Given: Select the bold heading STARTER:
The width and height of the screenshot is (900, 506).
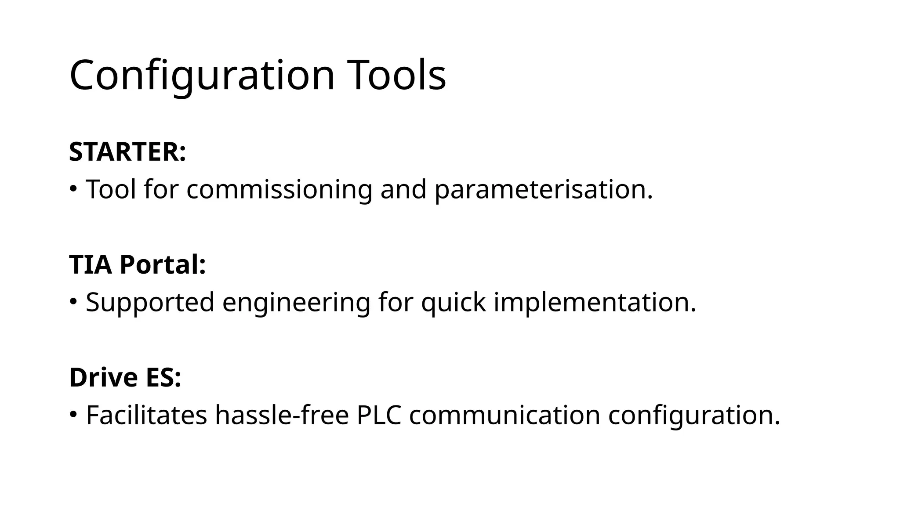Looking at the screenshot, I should coord(127,152).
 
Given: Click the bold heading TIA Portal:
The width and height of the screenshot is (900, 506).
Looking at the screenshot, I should coord(138,265).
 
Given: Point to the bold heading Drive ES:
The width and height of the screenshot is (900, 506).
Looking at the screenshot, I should coord(125,377).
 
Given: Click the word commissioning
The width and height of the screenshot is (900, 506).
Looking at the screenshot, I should coord(279,189).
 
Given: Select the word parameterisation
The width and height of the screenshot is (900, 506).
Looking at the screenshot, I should coord(543,189).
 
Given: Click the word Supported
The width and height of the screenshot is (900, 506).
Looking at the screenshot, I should coord(150,302).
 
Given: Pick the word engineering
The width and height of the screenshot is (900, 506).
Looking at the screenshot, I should coord(296,302).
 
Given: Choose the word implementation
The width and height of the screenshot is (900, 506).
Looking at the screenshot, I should coord(595,302).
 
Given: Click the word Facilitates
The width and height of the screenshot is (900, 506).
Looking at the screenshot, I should coord(146,415).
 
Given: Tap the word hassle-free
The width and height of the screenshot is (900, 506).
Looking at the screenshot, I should coord(282,415).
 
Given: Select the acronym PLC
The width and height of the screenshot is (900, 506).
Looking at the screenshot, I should coord(379,415).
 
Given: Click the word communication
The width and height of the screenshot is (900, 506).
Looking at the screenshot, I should coord(504,415).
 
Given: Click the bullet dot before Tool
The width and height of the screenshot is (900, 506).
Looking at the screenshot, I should coord(73,189).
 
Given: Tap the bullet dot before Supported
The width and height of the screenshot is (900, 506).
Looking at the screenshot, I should coord(73,302).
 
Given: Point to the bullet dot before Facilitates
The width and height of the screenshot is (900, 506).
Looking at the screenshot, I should coord(73,414).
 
